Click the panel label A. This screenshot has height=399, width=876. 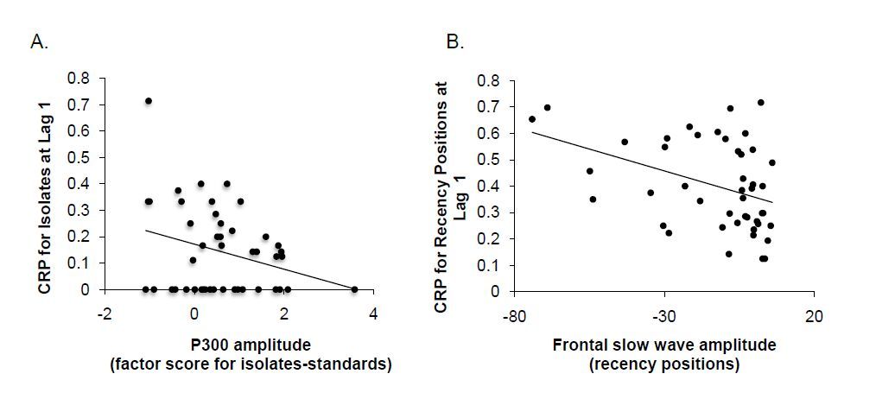tap(39, 41)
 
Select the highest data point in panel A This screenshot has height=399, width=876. tap(148, 101)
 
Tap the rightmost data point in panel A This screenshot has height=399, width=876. tap(355, 289)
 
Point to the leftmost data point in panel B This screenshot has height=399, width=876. tap(531, 119)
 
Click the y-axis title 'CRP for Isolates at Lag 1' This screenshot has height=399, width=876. tap(44, 184)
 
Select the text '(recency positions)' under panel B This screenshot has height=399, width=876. tap(663, 364)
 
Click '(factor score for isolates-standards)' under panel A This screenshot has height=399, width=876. tap(251, 364)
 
